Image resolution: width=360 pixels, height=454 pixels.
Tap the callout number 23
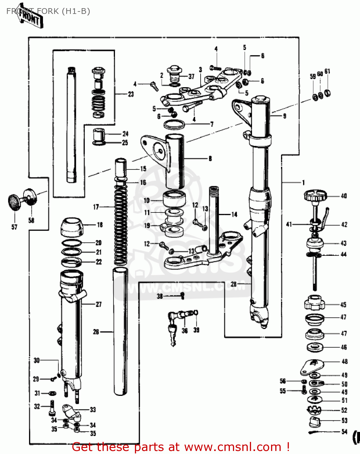pos(131,94)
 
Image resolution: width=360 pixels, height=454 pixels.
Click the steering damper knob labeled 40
pos(315,195)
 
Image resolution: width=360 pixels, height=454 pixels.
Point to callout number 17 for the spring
pos(96,207)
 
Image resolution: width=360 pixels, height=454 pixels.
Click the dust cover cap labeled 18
pos(72,227)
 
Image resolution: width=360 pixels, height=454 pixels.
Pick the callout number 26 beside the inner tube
pos(96,332)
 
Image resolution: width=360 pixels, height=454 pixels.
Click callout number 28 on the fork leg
pos(234,284)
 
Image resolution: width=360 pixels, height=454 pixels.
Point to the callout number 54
pos(344,432)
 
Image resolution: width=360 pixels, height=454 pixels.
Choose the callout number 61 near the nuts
pos(327,71)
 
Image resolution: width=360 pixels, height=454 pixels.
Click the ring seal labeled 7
pos(174,124)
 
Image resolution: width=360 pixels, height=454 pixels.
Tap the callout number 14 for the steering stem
pos(234,215)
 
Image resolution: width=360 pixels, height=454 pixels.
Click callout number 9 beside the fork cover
pos(284,116)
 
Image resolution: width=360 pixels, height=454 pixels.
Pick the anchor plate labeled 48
pos(312,367)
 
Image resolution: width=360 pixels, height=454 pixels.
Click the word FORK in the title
pos(48,11)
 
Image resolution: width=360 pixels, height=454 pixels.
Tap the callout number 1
pos(303,183)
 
